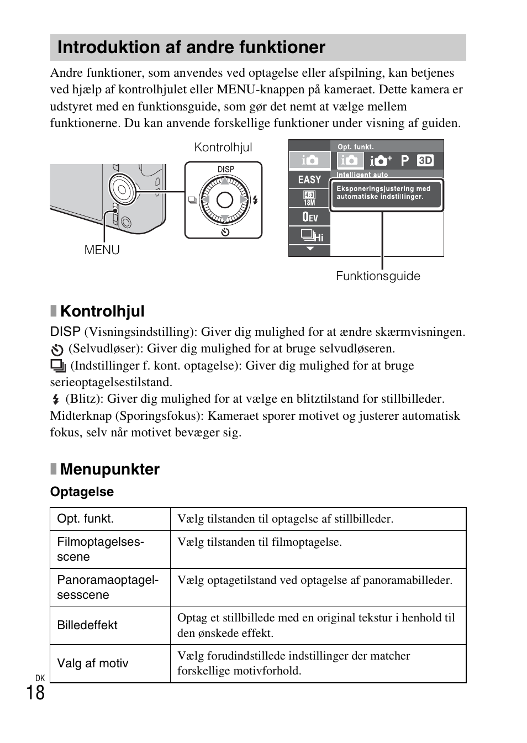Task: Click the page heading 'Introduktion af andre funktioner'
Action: [x=191, y=48]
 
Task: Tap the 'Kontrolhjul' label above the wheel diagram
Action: [x=223, y=147]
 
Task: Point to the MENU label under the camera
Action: [x=102, y=250]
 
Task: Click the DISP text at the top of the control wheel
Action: [x=225, y=170]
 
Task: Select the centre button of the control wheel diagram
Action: [x=224, y=200]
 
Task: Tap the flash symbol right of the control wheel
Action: [x=255, y=200]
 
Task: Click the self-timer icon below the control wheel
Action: [x=225, y=232]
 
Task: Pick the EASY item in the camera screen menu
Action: [x=309, y=180]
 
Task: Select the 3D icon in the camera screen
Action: [x=425, y=160]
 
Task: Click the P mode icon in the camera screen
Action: [x=405, y=160]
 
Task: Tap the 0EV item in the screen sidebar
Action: [x=310, y=217]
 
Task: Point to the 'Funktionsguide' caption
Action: [x=378, y=276]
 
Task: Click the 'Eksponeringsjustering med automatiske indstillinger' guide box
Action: [x=386, y=193]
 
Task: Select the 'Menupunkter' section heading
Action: [x=109, y=469]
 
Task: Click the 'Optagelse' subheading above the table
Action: [x=82, y=492]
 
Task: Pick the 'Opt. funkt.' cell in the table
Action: [x=86, y=519]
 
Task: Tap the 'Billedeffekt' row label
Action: [x=87, y=625]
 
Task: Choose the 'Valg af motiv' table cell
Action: [x=93, y=663]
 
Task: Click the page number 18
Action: [x=35, y=693]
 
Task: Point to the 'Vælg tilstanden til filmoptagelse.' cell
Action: [x=259, y=542]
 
